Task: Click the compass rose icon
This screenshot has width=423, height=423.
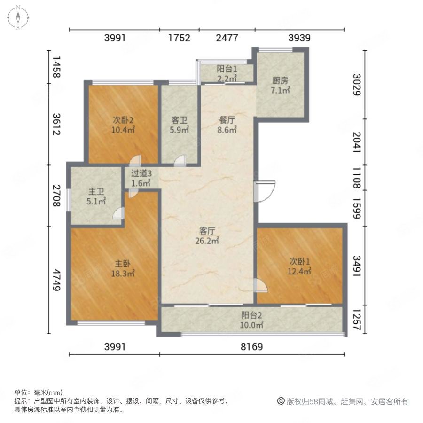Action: [18, 17]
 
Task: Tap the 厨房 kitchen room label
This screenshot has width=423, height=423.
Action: [280, 80]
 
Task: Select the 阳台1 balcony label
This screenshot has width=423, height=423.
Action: [227, 69]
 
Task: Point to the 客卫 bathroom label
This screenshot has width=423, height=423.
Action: [179, 120]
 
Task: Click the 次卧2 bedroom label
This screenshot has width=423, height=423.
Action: [123, 120]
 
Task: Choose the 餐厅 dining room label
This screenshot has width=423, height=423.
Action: [227, 120]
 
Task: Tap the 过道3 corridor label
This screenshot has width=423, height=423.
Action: [141, 173]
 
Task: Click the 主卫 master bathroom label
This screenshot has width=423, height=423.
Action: [96, 192]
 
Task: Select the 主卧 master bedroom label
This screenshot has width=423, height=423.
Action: [123, 264]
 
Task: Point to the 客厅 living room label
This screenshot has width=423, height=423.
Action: [207, 231]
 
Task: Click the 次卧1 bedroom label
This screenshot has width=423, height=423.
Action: [300, 261]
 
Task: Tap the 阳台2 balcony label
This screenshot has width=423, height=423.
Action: [251, 315]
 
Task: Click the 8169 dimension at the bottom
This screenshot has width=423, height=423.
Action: [252, 346]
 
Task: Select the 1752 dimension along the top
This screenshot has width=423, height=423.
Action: [180, 38]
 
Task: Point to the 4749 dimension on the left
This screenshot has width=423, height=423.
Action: [56, 280]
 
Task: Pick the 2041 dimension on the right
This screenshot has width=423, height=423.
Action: [357, 142]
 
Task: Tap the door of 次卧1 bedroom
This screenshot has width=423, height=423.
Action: [260, 285]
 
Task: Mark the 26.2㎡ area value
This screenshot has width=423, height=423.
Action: [207, 241]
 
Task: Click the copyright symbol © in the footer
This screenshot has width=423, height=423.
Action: [281, 401]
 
